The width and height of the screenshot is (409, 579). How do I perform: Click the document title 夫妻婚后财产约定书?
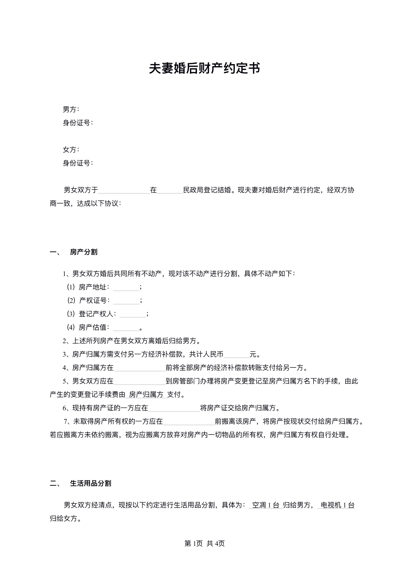tap(204, 68)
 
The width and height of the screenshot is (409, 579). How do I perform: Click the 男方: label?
tap(71, 109)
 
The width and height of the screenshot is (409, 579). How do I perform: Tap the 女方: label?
tap(71, 150)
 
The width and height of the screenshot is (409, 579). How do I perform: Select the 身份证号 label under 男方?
tap(78, 123)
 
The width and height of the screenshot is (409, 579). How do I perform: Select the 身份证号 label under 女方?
tap(78, 163)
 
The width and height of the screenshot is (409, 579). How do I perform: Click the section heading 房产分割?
tap(83, 252)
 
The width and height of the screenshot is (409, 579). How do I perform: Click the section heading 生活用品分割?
tap(90, 483)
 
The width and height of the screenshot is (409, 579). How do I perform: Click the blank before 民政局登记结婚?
tap(170, 190)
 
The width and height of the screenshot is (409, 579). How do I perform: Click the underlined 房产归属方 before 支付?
tap(146, 395)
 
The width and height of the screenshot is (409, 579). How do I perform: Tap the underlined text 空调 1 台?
tap(266, 505)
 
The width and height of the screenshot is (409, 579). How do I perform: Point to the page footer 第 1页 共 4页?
tap(204, 543)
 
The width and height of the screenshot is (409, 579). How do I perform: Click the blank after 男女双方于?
tap(124, 190)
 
